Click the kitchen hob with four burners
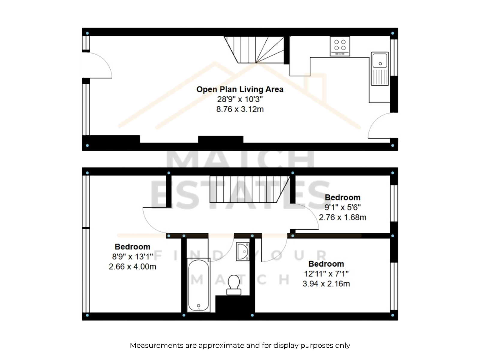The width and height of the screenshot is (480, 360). click(340, 46)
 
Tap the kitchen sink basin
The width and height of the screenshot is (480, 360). click(380, 61)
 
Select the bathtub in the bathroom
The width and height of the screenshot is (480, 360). click(199, 286)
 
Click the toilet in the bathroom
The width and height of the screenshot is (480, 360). click(233, 285)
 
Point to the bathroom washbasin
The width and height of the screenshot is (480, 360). click(243, 251)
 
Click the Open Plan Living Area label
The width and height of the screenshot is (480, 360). click(240, 89)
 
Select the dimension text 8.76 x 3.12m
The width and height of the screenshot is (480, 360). click(240, 109)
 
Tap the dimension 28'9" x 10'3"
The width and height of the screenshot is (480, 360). click(240, 99)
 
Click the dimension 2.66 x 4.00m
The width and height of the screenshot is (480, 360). click(133, 267)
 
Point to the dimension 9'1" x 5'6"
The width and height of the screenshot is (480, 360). click(343, 207)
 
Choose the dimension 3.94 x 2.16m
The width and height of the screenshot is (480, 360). click(326, 284)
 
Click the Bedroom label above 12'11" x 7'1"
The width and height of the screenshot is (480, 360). click(326, 264)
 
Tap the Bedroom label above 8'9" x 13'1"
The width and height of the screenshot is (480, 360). click(133, 247)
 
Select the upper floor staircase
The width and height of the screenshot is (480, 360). click(250, 189)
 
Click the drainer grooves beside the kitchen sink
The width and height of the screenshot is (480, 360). click(380, 77)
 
